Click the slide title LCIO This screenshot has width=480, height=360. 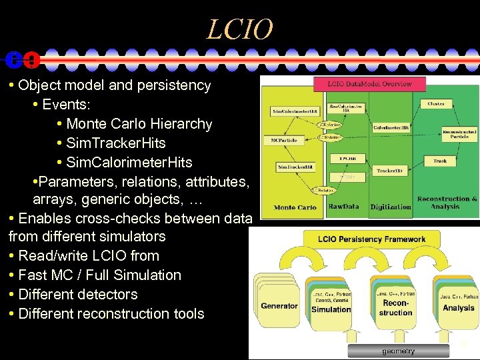click(x=240, y=29)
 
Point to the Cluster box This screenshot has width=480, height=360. click(x=436, y=104)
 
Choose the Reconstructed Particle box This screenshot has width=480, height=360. click(x=459, y=133)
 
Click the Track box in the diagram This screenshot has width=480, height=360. click(x=439, y=161)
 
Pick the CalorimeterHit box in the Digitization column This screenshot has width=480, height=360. click(x=391, y=127)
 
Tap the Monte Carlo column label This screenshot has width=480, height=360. click(x=295, y=207)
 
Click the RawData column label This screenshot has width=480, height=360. click(x=343, y=207)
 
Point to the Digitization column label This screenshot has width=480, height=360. click(x=390, y=207)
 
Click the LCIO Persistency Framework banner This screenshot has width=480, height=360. click(x=364, y=239)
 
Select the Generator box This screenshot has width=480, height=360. click(x=279, y=306)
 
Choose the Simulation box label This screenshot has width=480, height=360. click(x=331, y=309)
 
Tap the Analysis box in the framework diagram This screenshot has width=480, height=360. click(x=459, y=308)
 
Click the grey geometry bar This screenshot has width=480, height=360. click(x=398, y=351)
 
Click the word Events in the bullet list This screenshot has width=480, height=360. click(x=66, y=105)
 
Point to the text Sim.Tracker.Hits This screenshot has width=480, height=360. click(x=116, y=143)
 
